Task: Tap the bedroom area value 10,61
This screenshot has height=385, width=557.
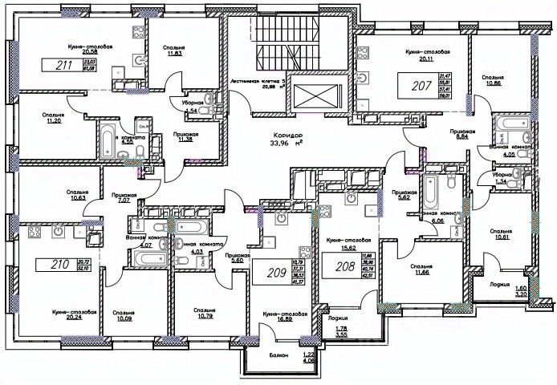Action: pyautogui.click(x=506, y=238)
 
